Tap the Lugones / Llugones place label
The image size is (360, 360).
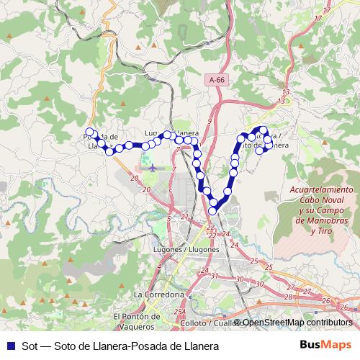coord(186,249)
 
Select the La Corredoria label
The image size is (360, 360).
coord(159,294)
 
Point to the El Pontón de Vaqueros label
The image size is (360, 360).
coord(136,321)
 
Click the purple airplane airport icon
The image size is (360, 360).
coord(152,167)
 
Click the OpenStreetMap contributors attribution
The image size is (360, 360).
coord(297,323)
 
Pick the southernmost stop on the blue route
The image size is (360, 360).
coord(213,210)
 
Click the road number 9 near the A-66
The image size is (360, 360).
coord(210,121)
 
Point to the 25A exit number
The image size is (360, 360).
coord(180,311)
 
